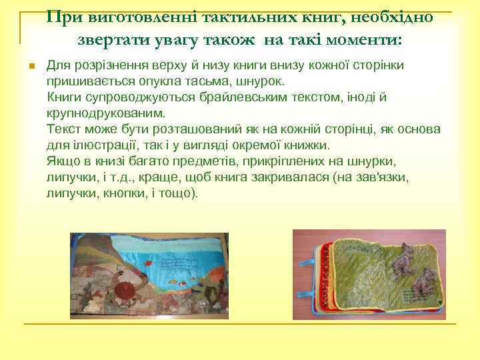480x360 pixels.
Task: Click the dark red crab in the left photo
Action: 123,291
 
